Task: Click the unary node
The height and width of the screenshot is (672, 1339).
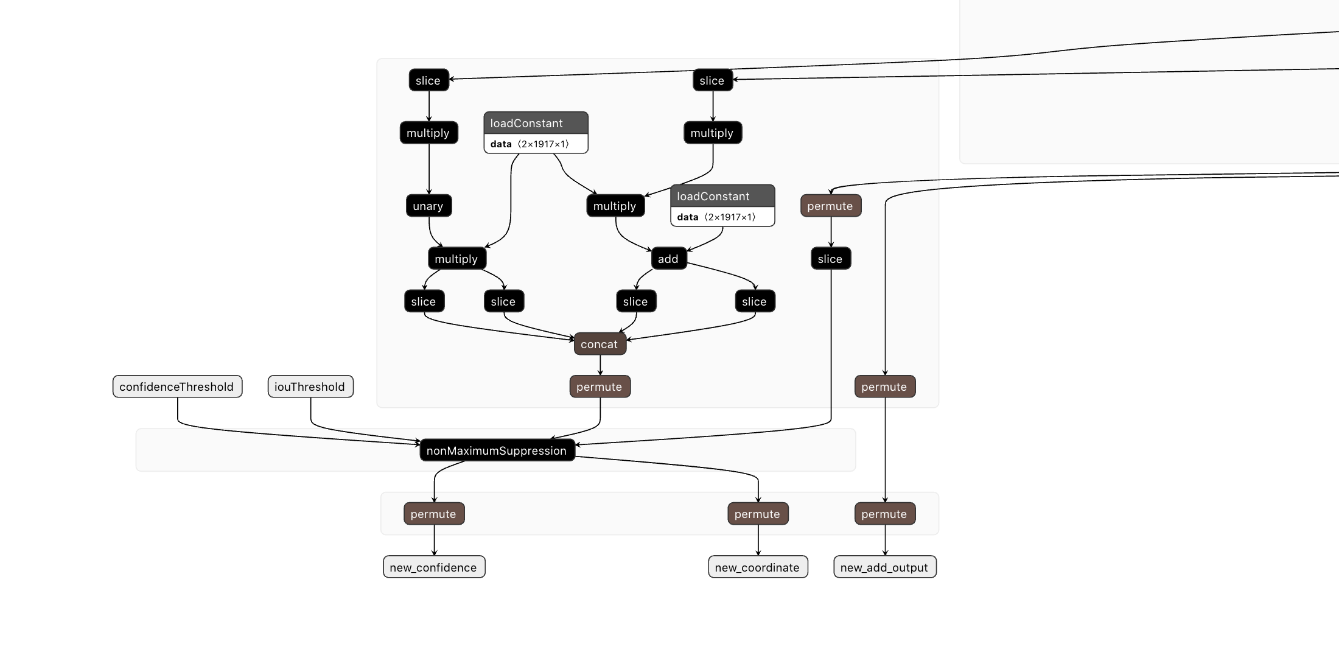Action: point(428,206)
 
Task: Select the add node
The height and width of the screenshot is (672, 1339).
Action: point(668,259)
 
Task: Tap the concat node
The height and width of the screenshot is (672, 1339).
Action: point(600,344)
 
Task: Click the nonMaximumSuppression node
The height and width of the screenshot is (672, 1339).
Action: point(497,450)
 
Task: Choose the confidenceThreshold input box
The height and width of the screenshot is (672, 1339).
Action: point(177,387)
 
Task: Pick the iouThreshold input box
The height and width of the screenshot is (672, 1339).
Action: point(310,387)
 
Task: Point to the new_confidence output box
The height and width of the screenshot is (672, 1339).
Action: point(433,567)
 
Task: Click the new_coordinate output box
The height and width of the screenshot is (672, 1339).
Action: point(758,567)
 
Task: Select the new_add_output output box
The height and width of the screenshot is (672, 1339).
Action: point(884,567)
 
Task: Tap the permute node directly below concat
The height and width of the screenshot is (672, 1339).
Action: point(600,387)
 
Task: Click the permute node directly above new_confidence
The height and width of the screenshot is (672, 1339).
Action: point(433,514)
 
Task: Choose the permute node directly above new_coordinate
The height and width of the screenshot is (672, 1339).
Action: point(758,514)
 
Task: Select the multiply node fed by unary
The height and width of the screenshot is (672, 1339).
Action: point(456,259)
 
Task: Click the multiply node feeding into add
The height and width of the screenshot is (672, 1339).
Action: point(615,206)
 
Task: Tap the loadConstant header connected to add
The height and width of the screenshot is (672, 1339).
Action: point(722,196)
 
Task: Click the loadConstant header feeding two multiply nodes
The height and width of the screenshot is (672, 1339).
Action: point(536,123)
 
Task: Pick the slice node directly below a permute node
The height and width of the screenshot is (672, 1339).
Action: point(830,259)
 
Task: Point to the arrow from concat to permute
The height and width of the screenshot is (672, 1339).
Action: point(600,365)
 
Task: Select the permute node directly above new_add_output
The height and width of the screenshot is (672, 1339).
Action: point(884,514)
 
